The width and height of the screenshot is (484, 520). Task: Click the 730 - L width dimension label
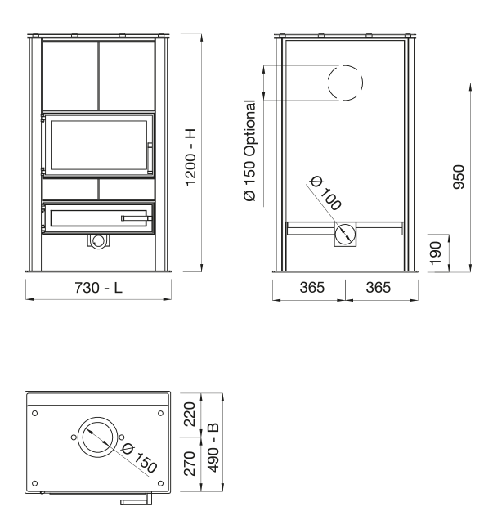[98, 288]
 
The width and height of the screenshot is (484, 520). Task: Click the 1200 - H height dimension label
[190, 157]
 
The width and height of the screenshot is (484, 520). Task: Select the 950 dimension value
[459, 177]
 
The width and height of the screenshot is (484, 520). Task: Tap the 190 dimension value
[436, 253]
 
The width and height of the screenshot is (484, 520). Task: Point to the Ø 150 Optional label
[249, 150]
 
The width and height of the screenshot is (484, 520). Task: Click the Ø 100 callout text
[325, 193]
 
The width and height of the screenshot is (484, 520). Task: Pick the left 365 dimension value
[312, 288]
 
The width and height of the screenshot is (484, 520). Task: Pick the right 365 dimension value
[379, 288]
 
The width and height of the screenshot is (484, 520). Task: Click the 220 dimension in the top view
[190, 415]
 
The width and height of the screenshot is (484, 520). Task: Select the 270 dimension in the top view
[190, 464]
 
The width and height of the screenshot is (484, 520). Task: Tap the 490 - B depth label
[213, 447]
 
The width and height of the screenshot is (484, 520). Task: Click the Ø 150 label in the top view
[139, 458]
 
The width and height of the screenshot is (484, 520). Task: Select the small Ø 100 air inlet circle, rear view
[345, 234]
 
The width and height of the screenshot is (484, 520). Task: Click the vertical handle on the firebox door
[150, 158]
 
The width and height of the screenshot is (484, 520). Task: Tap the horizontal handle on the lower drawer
[137, 217]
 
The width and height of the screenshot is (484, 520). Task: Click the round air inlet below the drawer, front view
[98, 241]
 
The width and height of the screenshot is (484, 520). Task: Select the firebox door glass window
[98, 145]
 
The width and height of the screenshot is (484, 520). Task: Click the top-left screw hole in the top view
[35, 413]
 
